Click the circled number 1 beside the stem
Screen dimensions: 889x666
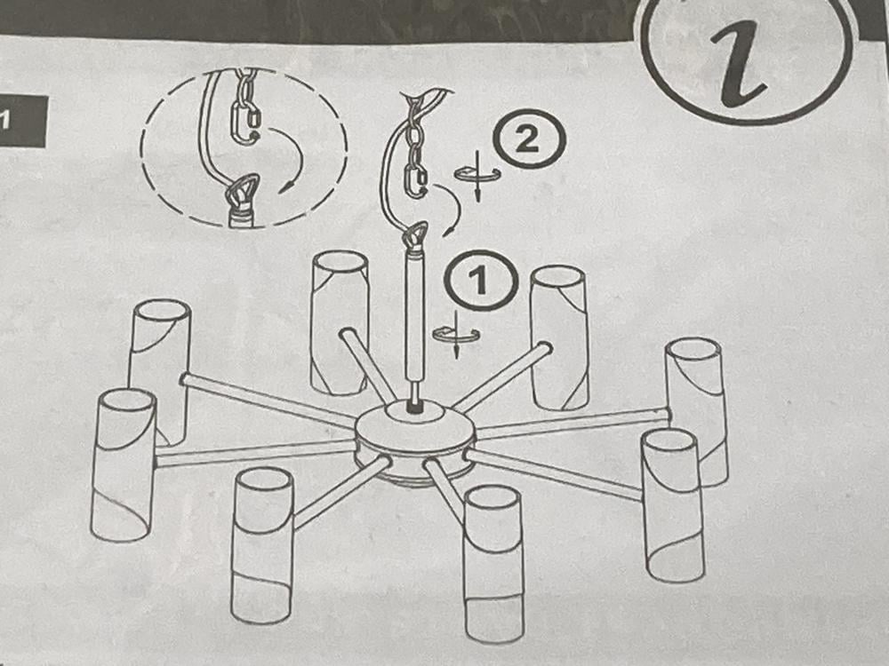point(481,280)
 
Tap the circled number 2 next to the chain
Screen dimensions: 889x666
point(529,139)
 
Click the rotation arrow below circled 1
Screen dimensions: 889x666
point(456,335)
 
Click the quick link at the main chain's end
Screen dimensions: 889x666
point(415,180)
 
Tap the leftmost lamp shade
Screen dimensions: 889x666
point(123,464)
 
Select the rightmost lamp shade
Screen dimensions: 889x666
point(696,412)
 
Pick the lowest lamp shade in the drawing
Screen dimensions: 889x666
point(493,564)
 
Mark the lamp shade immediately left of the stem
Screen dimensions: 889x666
point(340,323)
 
